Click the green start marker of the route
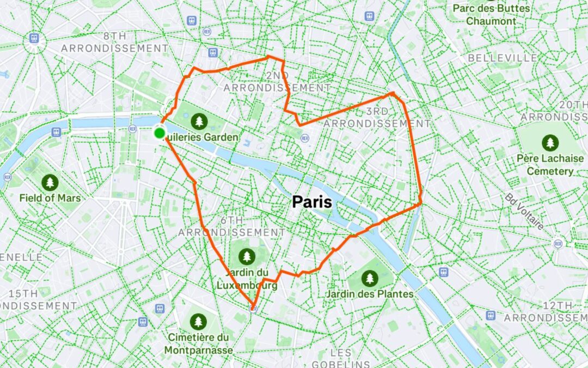[x=160, y=133]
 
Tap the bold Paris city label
[x=312, y=202]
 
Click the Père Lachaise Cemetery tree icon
[x=550, y=143]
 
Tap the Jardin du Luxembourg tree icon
[x=247, y=255]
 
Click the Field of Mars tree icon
[x=50, y=182]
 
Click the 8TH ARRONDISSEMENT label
[x=115, y=42]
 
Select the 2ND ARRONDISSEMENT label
[x=277, y=81]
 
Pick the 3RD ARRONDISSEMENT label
[x=377, y=117]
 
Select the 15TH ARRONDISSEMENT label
[x=38, y=300]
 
